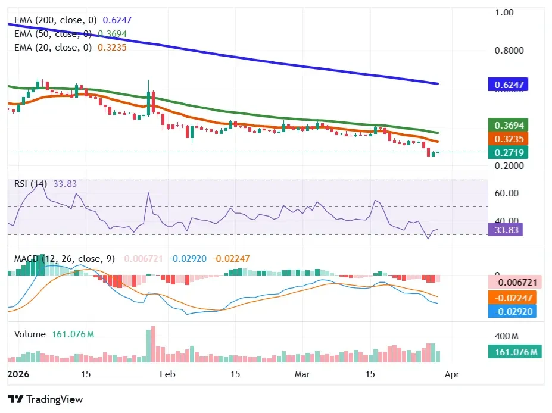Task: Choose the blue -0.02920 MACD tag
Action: tap(512, 311)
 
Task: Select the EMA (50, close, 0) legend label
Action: tap(53, 33)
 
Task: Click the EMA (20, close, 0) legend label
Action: tap(53, 47)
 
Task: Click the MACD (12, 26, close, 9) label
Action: tap(64, 259)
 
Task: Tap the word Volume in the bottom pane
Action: tap(30, 334)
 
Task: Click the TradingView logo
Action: tap(45, 399)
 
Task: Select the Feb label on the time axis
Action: tap(169, 374)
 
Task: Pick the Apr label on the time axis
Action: tap(452, 374)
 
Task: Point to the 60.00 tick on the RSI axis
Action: tap(507, 193)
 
